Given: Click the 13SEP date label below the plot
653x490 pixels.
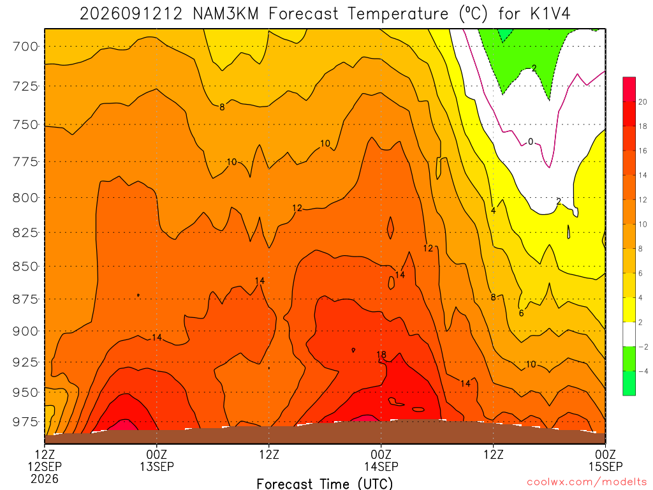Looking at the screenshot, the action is (x=157, y=466).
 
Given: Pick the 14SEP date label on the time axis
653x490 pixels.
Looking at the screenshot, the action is (x=381, y=466).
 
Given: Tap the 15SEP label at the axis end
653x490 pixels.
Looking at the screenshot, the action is (x=606, y=466).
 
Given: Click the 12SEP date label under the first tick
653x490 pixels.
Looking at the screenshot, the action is (x=45, y=466).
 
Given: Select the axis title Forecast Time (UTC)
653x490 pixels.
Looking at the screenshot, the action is (x=325, y=484).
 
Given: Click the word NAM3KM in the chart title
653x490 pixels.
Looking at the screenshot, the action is (x=226, y=14).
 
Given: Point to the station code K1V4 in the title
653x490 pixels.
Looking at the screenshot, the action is (x=550, y=14).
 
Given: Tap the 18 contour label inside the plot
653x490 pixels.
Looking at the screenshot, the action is (x=381, y=355).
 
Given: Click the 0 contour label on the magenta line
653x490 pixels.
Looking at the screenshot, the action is (x=530, y=142).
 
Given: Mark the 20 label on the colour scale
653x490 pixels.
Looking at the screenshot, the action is (x=643, y=101).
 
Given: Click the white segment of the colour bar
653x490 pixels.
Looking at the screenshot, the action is (x=629, y=334).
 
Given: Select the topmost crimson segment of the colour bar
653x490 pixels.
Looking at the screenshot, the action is (x=629, y=89).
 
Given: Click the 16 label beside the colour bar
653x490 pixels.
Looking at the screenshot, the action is (x=643, y=151).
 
